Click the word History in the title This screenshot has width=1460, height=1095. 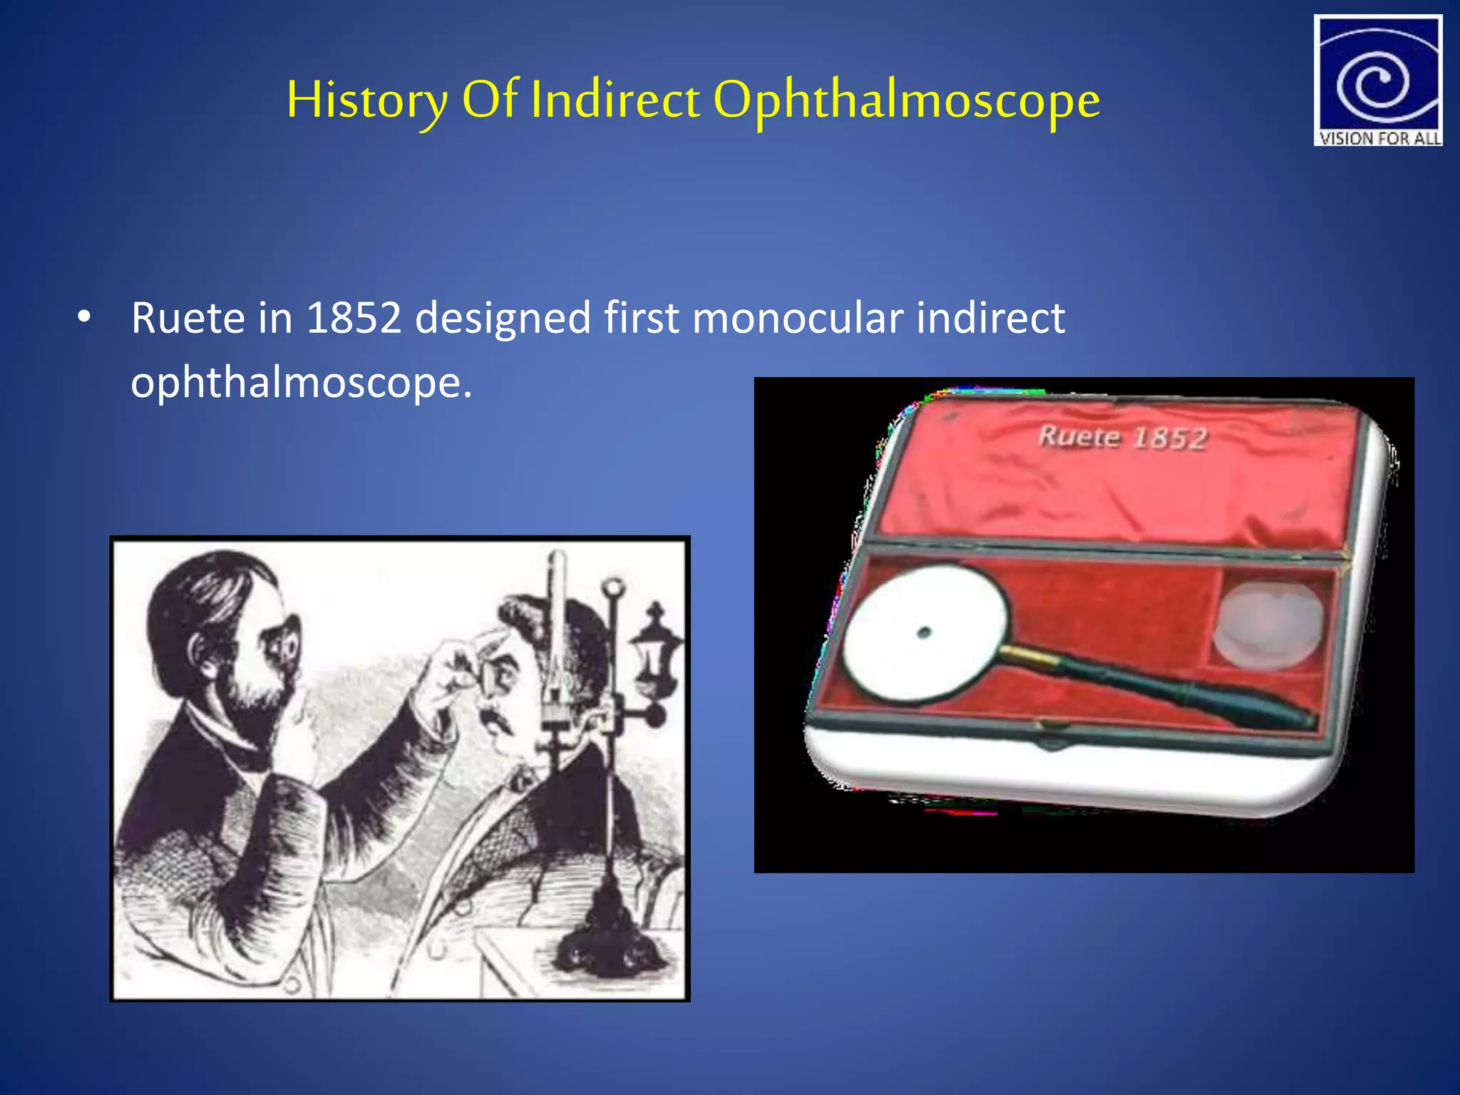pos(367,100)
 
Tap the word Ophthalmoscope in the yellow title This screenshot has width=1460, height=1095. pos(906,100)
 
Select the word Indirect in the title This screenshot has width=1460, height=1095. pos(615,100)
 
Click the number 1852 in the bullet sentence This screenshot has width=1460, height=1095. pos(354,317)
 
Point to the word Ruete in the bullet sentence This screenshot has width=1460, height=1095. pos(187,317)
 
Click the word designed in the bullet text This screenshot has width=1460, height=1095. pos(503,317)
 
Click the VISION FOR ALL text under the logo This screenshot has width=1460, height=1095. pos(1379,138)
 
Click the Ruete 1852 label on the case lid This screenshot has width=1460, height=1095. pos(1123,437)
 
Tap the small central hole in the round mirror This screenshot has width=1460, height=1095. pos(924,632)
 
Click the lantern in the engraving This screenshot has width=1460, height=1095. pos(654,645)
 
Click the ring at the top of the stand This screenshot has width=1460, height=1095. pos(613,589)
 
